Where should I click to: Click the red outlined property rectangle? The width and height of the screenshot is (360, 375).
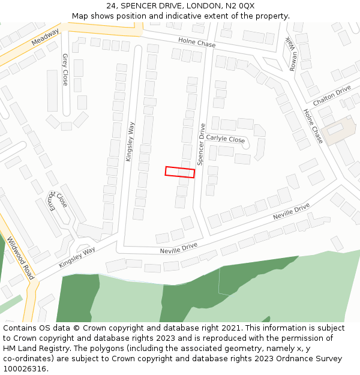[180, 172]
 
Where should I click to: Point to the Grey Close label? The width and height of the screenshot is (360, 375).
[65, 70]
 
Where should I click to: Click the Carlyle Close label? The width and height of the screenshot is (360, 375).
[226, 139]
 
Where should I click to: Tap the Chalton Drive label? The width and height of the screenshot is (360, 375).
[332, 95]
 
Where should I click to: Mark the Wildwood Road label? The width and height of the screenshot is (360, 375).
[20, 258]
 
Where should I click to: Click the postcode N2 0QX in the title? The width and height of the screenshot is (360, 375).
[239, 6]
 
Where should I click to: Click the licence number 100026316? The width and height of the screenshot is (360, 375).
[26, 369]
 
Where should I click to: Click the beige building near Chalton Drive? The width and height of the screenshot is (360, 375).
[337, 131]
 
